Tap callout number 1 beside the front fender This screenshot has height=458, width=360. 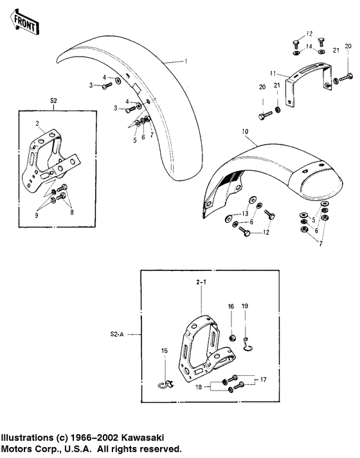click(186, 62)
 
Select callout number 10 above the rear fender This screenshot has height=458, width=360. click(246, 131)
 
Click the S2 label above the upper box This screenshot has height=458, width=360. click(53, 101)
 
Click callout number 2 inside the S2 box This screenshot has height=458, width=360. click(37, 122)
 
